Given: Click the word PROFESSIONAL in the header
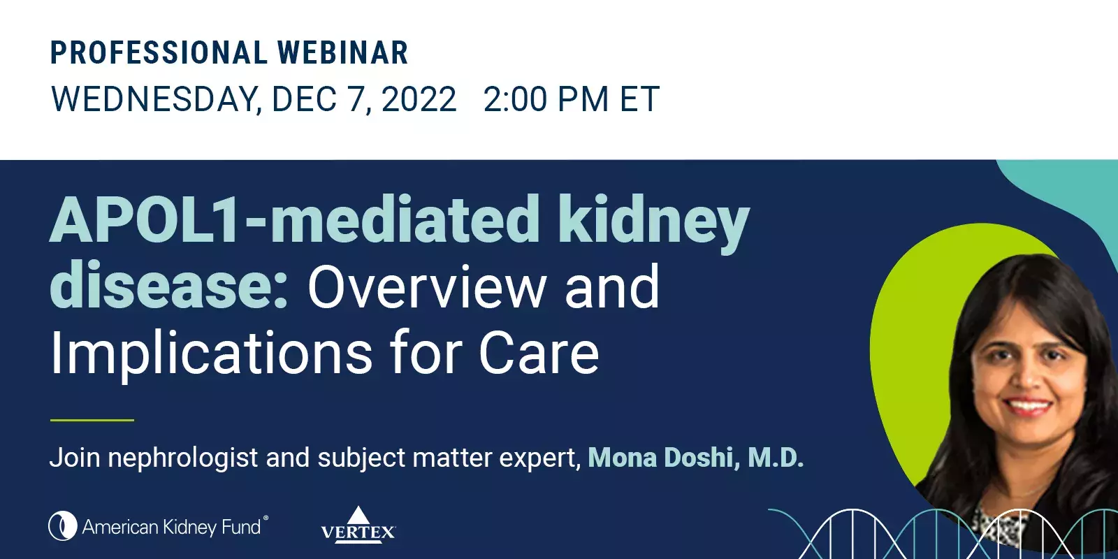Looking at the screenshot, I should click(x=157, y=53).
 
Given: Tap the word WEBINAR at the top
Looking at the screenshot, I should click(x=342, y=53).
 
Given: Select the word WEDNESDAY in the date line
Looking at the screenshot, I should click(x=156, y=99).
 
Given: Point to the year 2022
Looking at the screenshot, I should click(x=419, y=99).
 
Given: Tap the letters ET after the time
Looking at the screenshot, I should click(x=639, y=99).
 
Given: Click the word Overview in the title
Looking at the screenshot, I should click(x=427, y=286).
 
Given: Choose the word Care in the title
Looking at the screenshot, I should click(x=539, y=354).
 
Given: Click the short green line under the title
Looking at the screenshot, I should click(x=92, y=420).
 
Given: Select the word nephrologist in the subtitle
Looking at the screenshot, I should click(x=183, y=458).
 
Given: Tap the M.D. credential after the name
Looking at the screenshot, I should click(x=776, y=458).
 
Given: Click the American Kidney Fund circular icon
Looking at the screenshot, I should click(x=62, y=526).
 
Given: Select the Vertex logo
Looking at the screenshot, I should click(x=358, y=525).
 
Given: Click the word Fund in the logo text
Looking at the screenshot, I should click(x=241, y=527).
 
